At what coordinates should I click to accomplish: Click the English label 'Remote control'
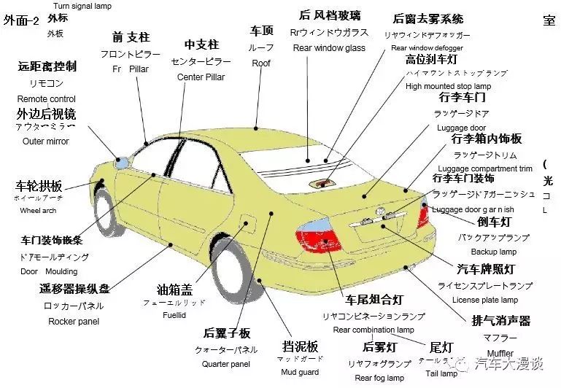tap(46, 98)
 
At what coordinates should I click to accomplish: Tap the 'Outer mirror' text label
tap(46, 141)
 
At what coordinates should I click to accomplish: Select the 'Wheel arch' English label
tap(38, 211)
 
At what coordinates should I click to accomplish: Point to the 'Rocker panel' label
tap(74, 321)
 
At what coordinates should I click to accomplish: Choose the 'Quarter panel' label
tap(226, 364)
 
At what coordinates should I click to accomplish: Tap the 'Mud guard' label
tap(300, 372)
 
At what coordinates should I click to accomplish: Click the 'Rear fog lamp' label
tap(379, 378)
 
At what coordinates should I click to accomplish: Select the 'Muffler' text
tap(500, 354)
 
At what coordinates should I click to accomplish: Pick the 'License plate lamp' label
tap(485, 300)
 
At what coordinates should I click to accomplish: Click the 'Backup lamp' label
tap(493, 252)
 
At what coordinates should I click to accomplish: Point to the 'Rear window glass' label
tap(329, 48)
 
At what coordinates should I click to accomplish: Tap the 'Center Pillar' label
tap(201, 77)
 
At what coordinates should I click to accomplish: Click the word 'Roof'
tap(261, 63)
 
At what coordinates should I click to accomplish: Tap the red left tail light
tap(318, 238)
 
